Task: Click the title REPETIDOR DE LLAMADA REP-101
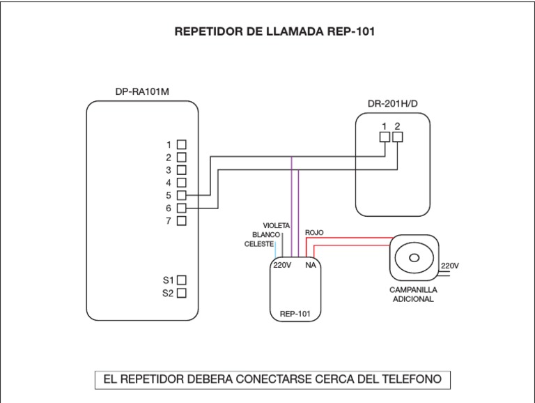[267, 32]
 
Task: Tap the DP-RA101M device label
[142, 91]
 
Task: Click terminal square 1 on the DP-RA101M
[182, 144]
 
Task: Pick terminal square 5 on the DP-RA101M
[182, 195]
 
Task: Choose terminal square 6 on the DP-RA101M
[182, 208]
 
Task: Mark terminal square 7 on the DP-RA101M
[182, 221]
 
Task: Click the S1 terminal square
[182, 280]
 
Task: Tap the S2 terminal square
[182, 294]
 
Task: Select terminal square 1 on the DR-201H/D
[385, 138]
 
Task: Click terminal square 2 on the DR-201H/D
[397, 138]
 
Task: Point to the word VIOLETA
[277, 226]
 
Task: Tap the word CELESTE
[259, 244]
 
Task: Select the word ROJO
[314, 233]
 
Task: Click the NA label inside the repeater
[311, 266]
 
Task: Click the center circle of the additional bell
[413, 258]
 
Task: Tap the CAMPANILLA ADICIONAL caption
[412, 294]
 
